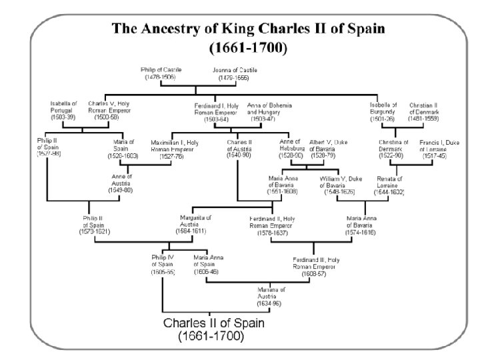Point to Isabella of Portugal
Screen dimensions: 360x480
tap(64, 111)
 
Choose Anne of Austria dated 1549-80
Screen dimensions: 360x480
tap(121, 183)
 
